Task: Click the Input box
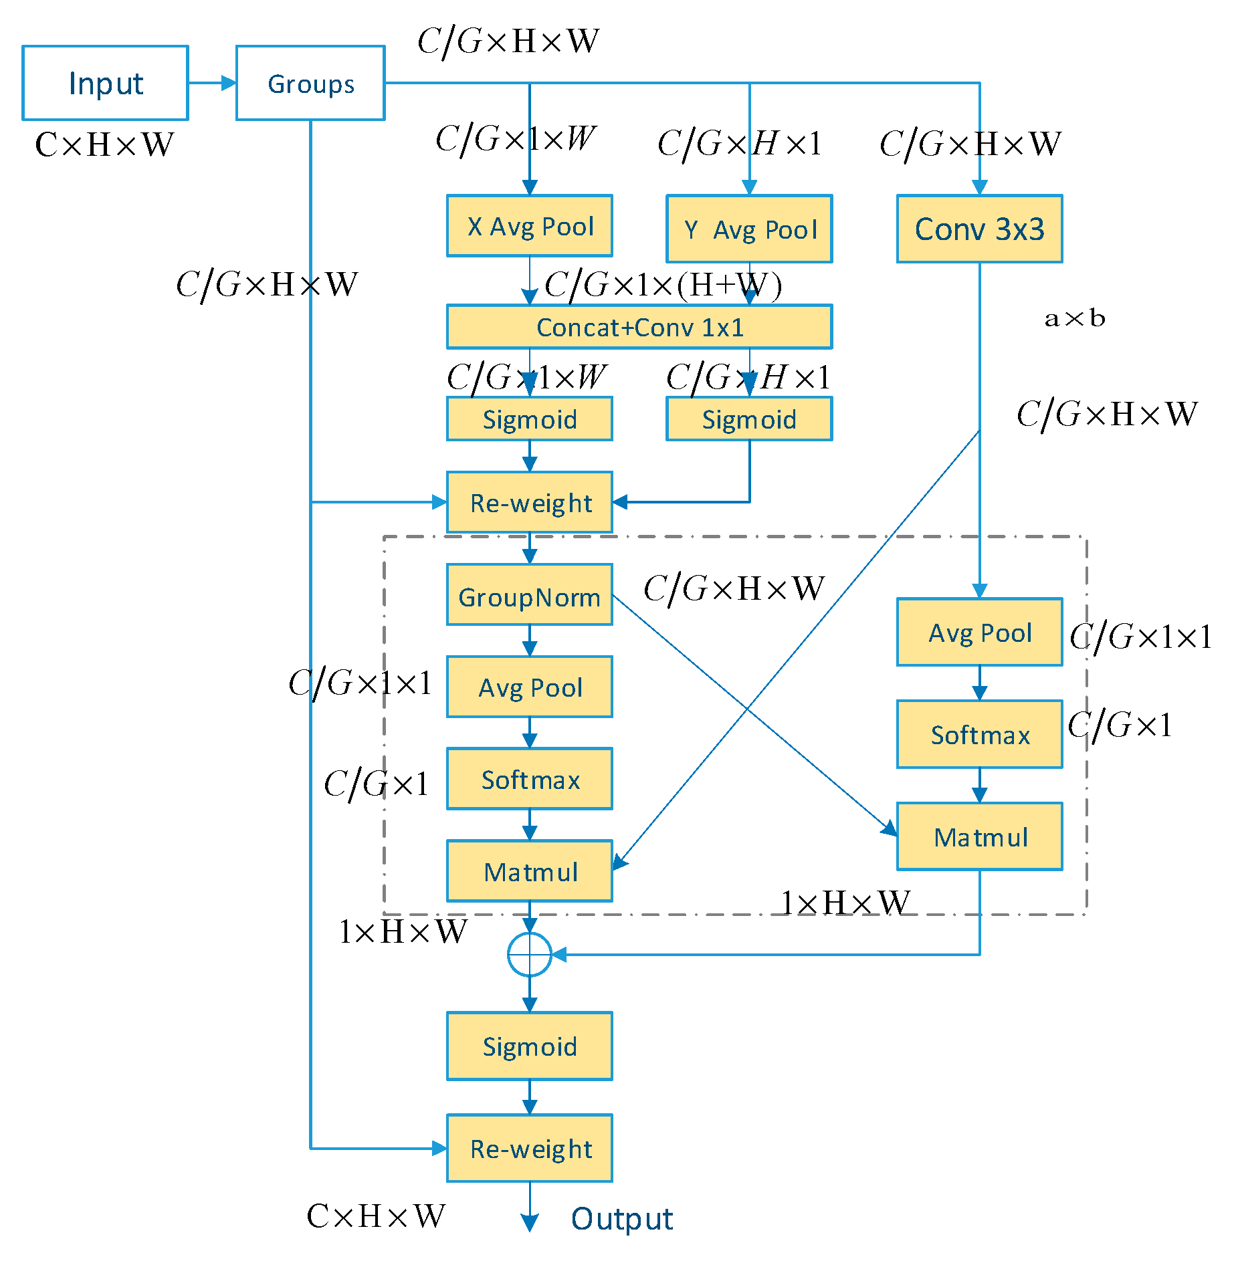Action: [105, 83]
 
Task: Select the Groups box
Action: [310, 83]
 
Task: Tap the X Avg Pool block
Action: [529, 226]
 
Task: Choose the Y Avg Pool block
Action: [749, 229]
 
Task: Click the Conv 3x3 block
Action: [979, 229]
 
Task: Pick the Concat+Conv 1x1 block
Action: [639, 327]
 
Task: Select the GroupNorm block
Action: [529, 595]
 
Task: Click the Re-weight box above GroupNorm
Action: [529, 503]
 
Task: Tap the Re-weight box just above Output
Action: [529, 1149]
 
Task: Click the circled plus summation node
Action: [529, 955]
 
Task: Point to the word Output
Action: [621, 1218]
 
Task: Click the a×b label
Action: [1075, 318]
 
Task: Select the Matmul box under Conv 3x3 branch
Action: [979, 836]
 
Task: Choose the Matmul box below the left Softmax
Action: [529, 871]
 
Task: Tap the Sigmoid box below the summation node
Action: [529, 1046]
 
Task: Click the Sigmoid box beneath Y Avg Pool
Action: [749, 419]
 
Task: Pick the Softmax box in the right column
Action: [979, 734]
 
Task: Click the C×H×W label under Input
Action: [104, 144]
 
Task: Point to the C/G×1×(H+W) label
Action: [663, 285]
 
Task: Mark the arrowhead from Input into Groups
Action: [229, 83]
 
